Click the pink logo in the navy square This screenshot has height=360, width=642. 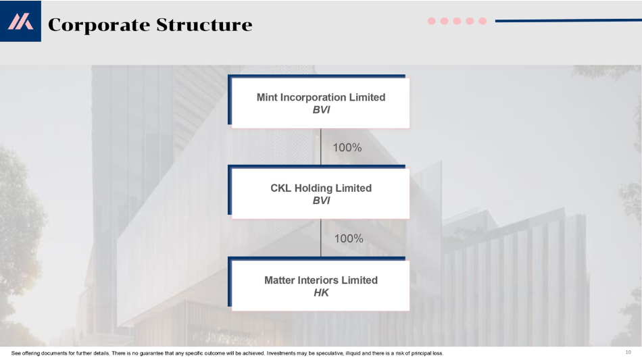[x=20, y=21]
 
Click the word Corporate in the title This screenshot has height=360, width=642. [x=99, y=25]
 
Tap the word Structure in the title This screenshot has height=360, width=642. [x=204, y=24]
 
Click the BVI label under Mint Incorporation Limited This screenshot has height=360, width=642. [x=321, y=109]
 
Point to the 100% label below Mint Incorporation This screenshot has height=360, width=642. [x=347, y=147]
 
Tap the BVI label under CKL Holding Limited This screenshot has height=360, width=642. [x=321, y=201]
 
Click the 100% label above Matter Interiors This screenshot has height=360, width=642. [x=349, y=238]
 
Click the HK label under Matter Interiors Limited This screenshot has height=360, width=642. [x=321, y=292]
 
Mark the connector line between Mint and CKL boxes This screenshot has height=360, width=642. [x=320, y=147]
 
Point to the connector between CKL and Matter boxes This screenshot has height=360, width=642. [x=320, y=238]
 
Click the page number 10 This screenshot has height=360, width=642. [x=628, y=352]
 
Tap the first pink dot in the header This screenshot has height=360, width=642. [x=432, y=21]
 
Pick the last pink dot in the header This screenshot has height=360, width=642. [x=483, y=21]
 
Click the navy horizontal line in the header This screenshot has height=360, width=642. [x=568, y=20]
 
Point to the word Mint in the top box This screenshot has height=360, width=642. [x=267, y=97]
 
